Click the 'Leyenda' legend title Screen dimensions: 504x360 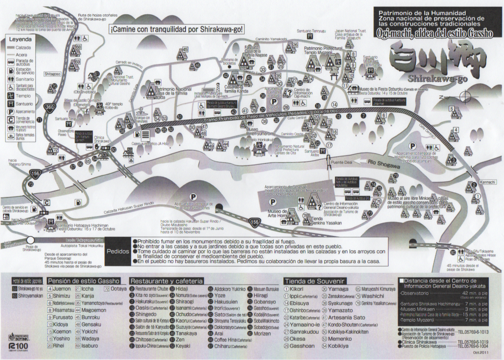(x=20, y=38)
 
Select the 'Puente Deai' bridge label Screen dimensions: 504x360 (x=341, y=163)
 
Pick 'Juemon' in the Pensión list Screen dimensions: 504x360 (x=62, y=289)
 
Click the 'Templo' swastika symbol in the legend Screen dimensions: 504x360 (x=11, y=95)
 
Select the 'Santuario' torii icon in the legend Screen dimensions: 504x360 (x=11, y=104)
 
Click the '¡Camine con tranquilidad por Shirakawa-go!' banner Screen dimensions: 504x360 (x=176, y=29)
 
